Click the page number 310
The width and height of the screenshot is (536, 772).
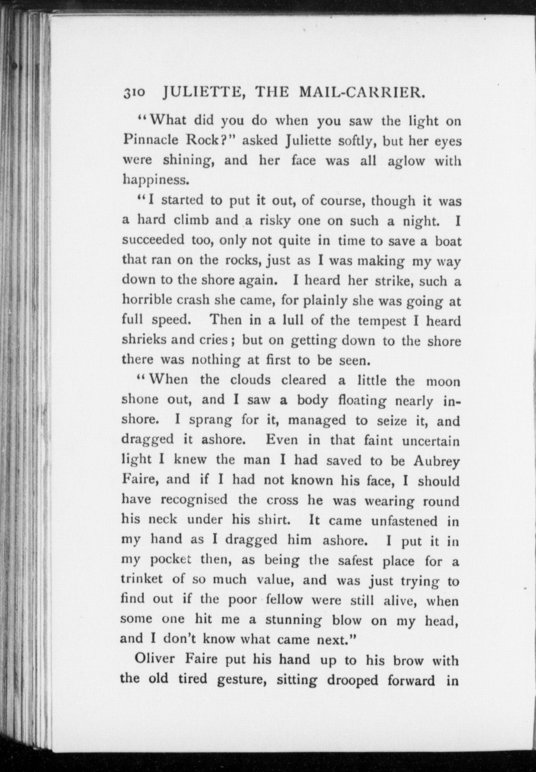click(x=134, y=93)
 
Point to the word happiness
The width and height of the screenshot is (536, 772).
click(x=156, y=179)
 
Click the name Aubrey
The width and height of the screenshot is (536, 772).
click(x=436, y=461)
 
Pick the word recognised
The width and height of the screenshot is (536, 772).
click(x=194, y=500)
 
